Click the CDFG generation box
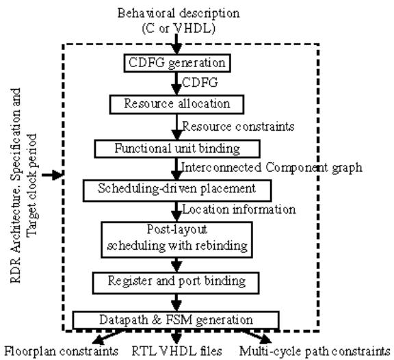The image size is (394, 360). (177, 63)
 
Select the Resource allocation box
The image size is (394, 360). (176, 104)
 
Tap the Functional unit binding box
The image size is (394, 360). (177, 149)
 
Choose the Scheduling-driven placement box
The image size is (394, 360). (177, 190)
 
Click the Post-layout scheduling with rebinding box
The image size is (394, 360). (176, 240)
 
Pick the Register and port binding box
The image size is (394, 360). (176, 283)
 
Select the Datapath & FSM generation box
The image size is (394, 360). (176, 320)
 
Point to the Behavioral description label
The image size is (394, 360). (179, 13)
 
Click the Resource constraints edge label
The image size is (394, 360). (238, 126)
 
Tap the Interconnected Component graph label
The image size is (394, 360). (272, 168)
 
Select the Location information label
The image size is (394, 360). (239, 209)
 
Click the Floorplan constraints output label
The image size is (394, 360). (62, 351)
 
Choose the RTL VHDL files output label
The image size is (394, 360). (177, 351)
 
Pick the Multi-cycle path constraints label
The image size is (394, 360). (315, 351)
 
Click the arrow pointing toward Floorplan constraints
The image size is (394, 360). (108, 337)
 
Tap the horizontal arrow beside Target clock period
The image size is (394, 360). (52, 175)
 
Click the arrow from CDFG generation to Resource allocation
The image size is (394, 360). (176, 83)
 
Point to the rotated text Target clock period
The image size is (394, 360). (32, 185)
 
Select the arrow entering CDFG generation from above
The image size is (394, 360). (176, 44)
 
